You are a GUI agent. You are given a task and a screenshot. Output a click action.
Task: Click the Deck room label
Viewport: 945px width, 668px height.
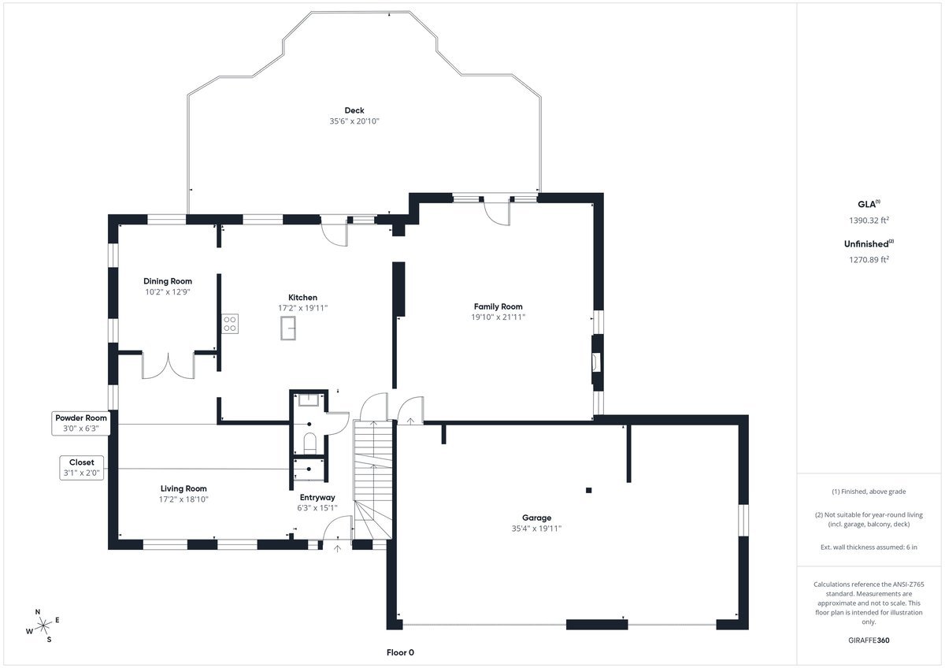coord(354,110)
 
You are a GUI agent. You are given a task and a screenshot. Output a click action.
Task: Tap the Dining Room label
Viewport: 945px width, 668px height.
coord(168,281)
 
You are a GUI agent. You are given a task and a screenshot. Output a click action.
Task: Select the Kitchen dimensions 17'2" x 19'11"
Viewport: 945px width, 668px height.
coord(303,308)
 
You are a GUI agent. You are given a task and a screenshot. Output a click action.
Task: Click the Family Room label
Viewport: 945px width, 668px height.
coord(498,306)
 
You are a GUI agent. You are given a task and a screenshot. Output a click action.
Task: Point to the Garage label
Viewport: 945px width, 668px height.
coord(536,518)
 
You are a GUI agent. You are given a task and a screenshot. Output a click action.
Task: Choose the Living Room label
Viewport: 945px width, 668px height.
coord(183,488)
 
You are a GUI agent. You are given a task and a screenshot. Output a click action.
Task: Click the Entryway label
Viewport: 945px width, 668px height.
coord(317,498)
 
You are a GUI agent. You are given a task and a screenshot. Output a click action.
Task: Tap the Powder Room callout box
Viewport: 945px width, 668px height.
coord(81,423)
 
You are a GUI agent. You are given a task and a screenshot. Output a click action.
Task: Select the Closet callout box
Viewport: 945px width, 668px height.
coord(81,468)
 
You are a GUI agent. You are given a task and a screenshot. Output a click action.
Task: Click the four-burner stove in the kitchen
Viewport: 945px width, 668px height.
coord(230,324)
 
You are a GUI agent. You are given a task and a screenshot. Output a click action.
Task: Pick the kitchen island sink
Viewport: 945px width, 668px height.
coord(288,328)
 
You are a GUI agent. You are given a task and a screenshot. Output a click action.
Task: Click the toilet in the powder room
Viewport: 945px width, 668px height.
coord(310,442)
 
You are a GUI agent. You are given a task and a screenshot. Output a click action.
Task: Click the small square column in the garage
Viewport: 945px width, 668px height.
coord(588,490)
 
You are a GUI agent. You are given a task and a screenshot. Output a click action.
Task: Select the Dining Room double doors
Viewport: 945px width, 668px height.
coord(169,366)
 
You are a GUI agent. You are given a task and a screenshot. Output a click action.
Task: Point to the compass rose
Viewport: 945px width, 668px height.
coord(43,625)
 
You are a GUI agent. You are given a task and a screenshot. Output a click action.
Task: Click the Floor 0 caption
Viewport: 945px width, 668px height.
coord(400,652)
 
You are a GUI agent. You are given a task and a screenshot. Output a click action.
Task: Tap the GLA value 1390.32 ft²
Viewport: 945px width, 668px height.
coord(869,220)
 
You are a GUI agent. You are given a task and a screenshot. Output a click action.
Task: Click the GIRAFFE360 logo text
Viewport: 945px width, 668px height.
coord(869,640)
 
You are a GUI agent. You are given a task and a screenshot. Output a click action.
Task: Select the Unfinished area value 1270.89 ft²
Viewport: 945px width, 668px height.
coord(869,259)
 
